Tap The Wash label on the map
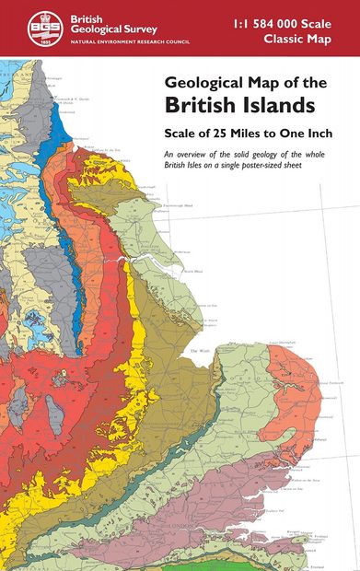pos(200,351)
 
